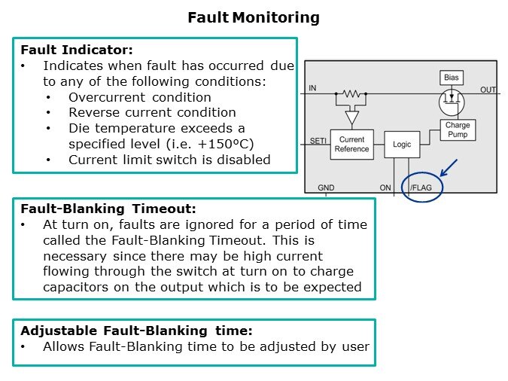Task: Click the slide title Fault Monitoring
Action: coord(254,17)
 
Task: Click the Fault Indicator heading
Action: coord(77,50)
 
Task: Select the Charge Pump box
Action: coord(458,130)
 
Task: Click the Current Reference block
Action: coord(352,144)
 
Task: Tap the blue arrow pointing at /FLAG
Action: coord(449,166)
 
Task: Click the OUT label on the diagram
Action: coord(488,90)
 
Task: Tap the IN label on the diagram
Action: coord(312,89)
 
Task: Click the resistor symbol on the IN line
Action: coord(351,94)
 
